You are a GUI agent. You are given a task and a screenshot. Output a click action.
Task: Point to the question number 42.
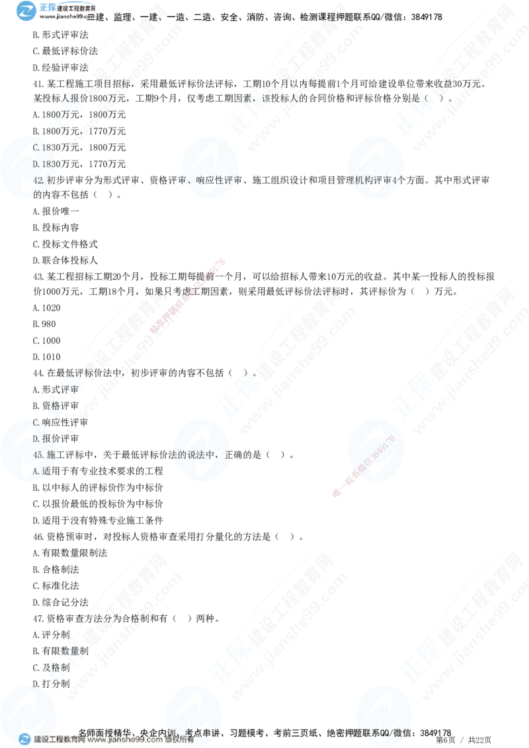[38, 180]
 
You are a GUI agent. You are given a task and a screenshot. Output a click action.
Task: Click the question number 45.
[38, 455]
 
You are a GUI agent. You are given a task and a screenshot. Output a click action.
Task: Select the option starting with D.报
[41, 439]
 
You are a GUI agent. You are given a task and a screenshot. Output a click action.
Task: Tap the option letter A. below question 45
[36, 471]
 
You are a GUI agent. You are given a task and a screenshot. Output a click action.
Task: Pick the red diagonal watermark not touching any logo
[188, 297]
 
